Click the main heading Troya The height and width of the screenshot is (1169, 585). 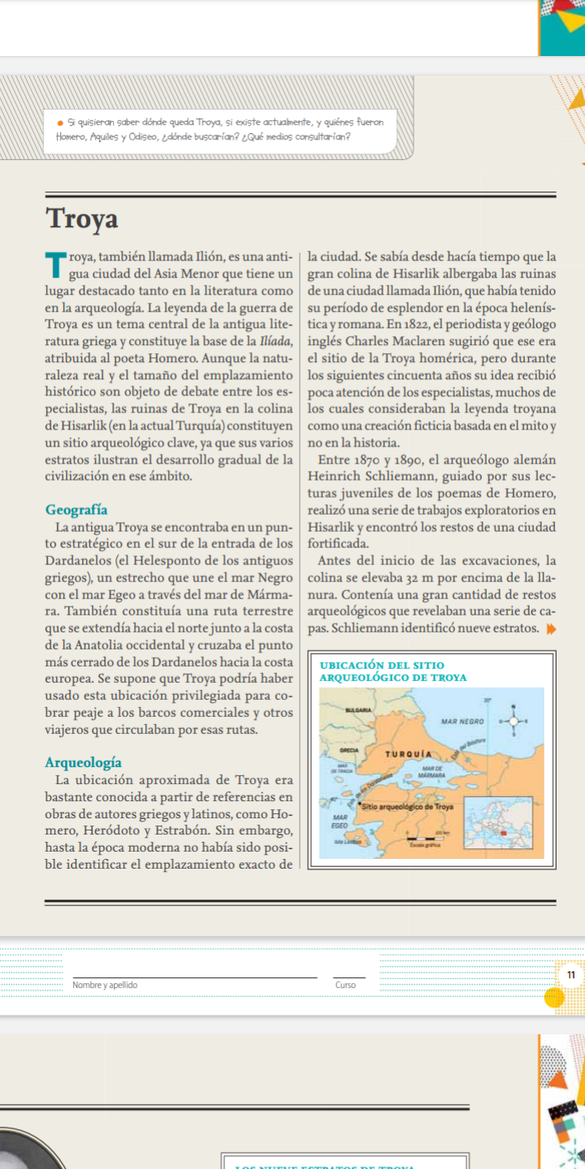[82, 218]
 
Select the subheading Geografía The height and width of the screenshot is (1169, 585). [76, 510]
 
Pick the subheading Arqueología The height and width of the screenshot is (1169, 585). [84, 762]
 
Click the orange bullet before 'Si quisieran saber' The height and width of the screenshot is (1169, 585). [60, 123]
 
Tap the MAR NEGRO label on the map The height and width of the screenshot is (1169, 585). [463, 721]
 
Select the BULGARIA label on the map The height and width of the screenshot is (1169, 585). [358, 709]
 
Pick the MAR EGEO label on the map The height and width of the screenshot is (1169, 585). [340, 821]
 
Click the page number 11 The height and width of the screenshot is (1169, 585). [570, 974]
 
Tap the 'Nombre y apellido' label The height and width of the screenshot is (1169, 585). [105, 985]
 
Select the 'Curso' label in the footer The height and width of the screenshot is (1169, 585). [345, 985]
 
